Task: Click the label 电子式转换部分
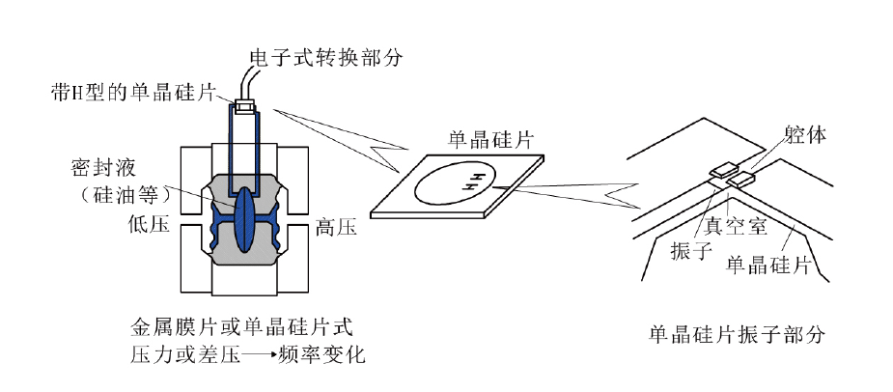(x=324, y=57)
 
